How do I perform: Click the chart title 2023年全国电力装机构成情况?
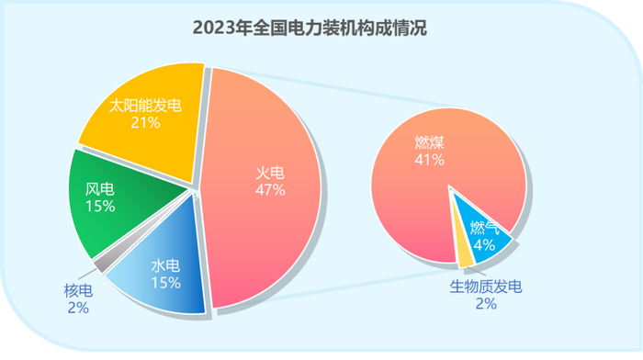(310, 28)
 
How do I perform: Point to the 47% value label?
(270, 190)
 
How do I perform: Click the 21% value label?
(145, 122)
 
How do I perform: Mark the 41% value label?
(429, 160)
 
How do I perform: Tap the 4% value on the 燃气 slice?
(484, 245)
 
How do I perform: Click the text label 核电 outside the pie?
(78, 291)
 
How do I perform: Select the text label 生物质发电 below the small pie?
(486, 287)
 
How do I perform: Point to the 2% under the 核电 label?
(78, 308)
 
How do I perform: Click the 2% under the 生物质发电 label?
(486, 304)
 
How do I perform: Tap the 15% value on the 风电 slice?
(100, 207)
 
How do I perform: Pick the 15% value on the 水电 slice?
(166, 283)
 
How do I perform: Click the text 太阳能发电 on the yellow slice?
(145, 106)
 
